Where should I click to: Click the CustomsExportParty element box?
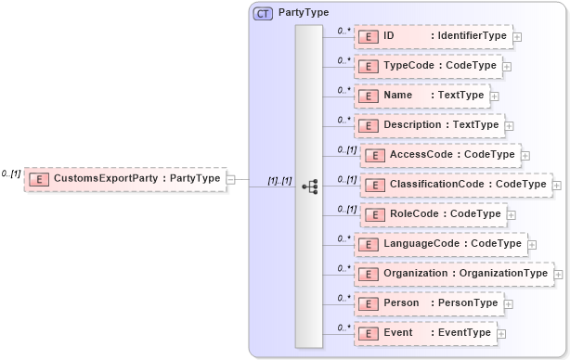(125, 178)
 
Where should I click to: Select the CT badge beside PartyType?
(263, 13)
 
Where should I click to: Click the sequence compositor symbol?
(310, 185)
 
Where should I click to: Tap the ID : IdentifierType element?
(433, 36)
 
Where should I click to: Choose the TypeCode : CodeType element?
(428, 66)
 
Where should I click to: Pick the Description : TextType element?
(428, 124)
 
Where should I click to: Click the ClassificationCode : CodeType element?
(455, 185)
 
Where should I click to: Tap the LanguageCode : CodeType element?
(440, 244)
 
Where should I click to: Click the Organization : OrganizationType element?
(453, 274)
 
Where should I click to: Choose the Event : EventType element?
(424, 333)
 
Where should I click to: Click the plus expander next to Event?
(501, 334)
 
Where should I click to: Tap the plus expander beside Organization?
(558, 275)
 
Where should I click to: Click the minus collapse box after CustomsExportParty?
(230, 179)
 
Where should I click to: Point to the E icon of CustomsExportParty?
(39, 178)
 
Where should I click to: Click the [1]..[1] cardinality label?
(279, 180)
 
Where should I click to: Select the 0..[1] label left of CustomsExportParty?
(11, 174)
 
